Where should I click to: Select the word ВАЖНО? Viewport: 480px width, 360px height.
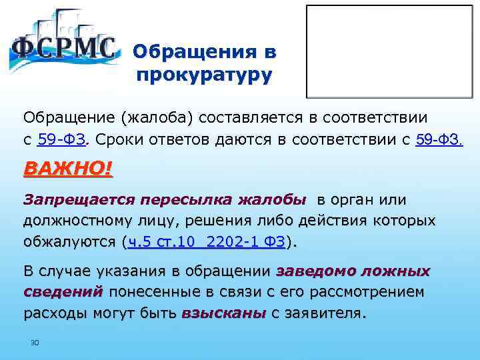(68, 168)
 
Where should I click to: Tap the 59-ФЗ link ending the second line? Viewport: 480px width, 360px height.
(439, 140)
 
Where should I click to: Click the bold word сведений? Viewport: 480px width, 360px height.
(63, 293)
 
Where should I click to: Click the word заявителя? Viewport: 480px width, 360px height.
(325, 313)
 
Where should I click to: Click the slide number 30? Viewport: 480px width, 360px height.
(35, 343)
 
